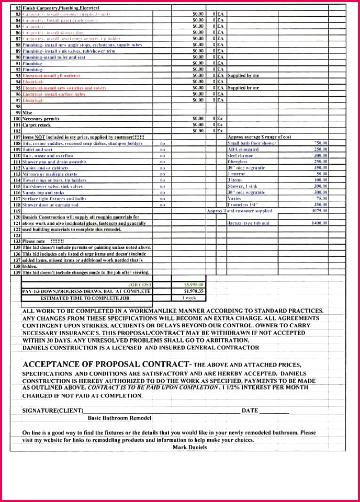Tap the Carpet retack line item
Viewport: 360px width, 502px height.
click(37, 125)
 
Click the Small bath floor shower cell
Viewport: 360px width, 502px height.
click(252, 143)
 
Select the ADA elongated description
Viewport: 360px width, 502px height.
click(243, 150)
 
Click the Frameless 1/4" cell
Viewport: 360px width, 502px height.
click(243, 204)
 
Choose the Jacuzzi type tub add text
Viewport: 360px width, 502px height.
click(248, 223)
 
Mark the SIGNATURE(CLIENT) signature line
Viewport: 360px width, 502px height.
click(157, 411)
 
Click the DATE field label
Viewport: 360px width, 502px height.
click(250, 410)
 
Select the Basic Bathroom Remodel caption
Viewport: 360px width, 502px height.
click(119, 418)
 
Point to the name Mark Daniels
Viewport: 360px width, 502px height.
click(190, 447)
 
